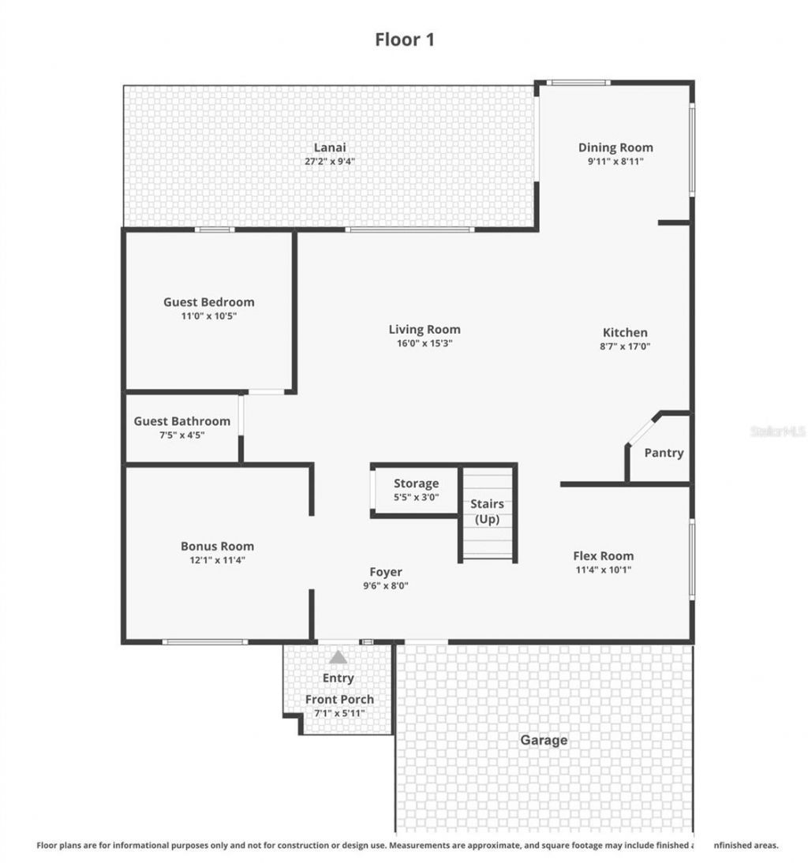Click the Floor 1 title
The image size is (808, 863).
coord(404,39)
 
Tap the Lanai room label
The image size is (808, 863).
coord(330,148)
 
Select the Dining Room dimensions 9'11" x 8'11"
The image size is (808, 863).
coord(615,161)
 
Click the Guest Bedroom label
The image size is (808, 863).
coord(209,301)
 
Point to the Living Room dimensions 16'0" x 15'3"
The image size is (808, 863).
coord(425,343)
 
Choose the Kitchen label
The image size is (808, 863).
coord(625,332)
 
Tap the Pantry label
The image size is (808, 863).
coord(664,453)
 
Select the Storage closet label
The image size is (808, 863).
coord(416,484)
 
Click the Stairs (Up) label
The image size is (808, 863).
coord(487,511)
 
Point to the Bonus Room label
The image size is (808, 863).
coord(217,546)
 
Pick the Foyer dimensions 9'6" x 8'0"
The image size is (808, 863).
coord(386,585)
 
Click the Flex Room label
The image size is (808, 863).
coord(603,555)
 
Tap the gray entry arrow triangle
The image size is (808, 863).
coord(339,656)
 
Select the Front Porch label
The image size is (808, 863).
coord(339,699)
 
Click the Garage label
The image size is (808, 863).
coord(543,740)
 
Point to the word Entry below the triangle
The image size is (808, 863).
coord(339,678)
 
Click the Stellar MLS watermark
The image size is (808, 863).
coord(777,431)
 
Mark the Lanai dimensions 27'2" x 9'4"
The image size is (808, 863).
coord(330,161)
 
